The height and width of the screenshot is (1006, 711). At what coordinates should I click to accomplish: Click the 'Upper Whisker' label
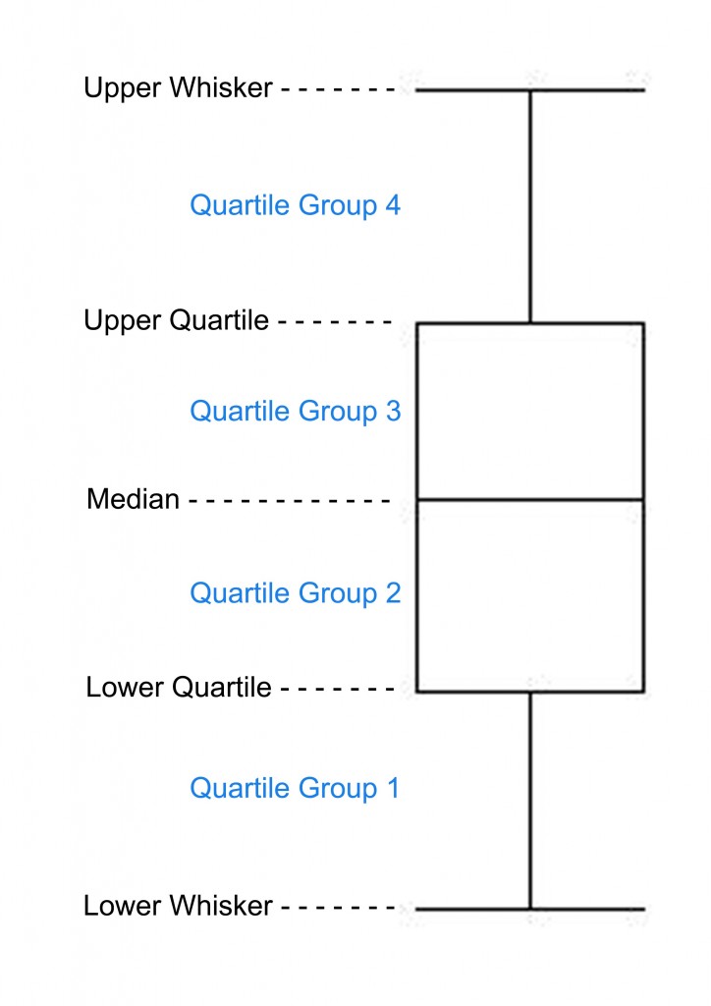point(178,88)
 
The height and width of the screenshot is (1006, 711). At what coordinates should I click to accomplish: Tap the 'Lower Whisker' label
point(178,906)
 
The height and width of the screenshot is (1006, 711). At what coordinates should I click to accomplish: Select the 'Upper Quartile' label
point(177,321)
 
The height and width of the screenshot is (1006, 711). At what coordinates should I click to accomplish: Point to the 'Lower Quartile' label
point(179,688)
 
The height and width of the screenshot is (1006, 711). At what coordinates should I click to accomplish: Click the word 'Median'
point(134,499)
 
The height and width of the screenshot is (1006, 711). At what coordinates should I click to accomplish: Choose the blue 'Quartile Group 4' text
point(295,206)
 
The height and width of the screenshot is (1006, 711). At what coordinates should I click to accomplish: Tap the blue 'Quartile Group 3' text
point(295,412)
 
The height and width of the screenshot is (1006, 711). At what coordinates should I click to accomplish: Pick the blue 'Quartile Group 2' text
point(295,593)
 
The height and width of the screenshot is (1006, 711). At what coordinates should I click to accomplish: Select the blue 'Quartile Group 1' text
point(295,789)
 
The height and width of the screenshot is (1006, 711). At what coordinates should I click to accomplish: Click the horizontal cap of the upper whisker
point(530,90)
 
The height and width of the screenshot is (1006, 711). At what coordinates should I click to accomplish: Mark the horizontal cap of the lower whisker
point(530,909)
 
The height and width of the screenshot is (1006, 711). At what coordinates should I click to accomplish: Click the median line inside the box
point(530,499)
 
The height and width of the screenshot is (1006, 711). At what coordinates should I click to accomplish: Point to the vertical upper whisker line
point(530,206)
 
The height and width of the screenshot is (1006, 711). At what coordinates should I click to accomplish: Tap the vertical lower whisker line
point(530,801)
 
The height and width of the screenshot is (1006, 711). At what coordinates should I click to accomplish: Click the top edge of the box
point(530,323)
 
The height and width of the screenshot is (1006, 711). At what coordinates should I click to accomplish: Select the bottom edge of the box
point(530,692)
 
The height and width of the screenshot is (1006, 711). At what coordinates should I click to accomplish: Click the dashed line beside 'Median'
point(289,500)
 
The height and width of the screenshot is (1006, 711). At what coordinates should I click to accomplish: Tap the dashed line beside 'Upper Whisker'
point(338,89)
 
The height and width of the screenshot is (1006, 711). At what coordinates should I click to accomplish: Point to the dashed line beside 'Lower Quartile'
point(337,690)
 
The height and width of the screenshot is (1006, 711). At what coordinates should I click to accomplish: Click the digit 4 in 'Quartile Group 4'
point(393,204)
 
